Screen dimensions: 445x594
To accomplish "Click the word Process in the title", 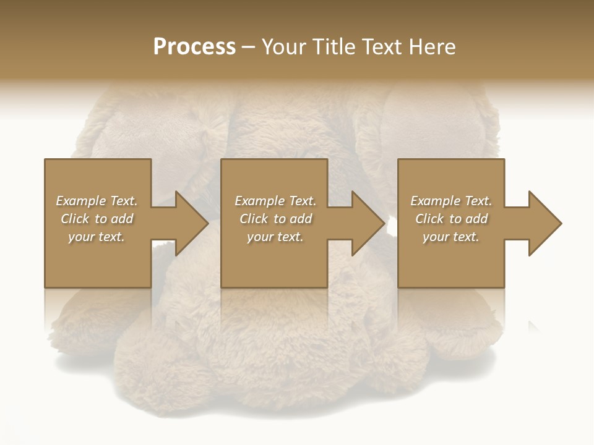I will point(194,47).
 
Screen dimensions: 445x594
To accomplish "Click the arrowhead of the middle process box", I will point(367,223).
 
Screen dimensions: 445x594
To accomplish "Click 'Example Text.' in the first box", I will point(97,201).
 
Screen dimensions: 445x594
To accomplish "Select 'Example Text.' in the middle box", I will point(275,201).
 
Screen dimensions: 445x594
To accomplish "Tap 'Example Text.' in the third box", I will point(451,201).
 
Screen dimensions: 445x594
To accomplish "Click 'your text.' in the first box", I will point(97,237).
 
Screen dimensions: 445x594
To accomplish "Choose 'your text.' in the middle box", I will point(275,237).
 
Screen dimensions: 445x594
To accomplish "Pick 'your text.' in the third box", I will point(451,237).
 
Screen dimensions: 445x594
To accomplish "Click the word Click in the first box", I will point(75,219).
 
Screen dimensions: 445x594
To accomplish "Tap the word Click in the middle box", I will point(254,219).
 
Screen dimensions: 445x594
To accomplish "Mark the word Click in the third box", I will point(429,219).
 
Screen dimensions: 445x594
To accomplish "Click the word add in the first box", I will point(121,219).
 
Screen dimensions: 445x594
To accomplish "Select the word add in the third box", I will point(476,219).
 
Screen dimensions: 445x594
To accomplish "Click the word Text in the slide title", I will point(382,47).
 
